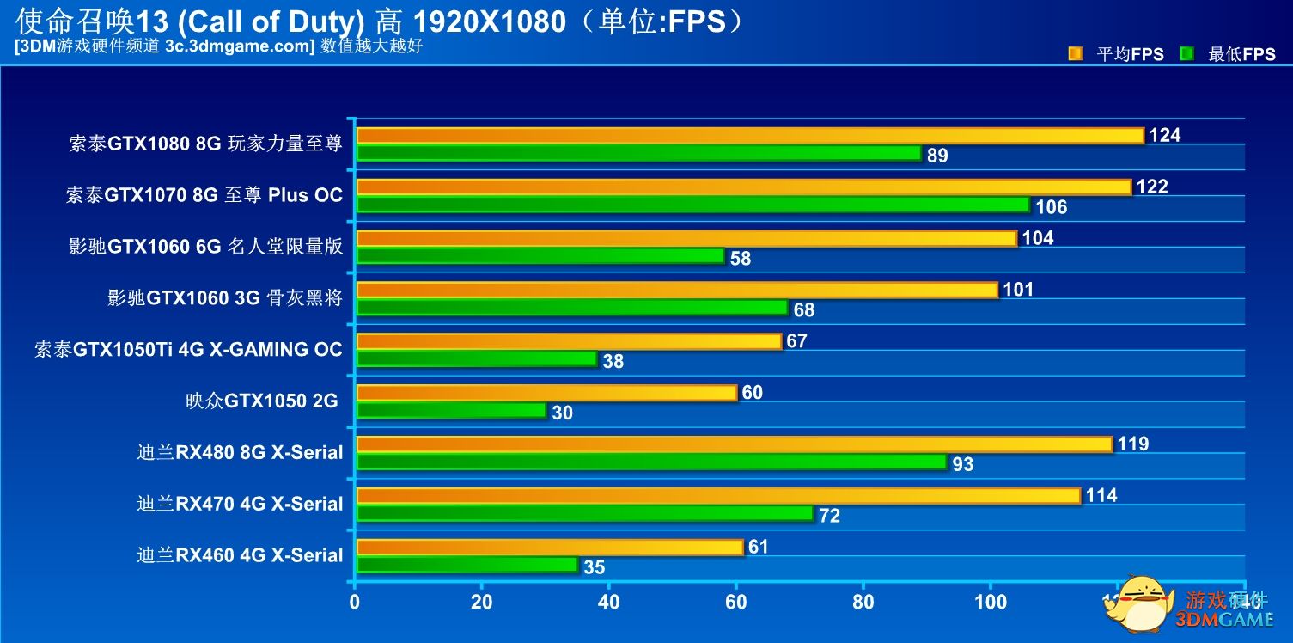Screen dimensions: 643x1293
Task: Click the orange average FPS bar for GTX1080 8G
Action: pos(749,136)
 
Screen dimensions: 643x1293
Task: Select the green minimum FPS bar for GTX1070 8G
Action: pos(692,205)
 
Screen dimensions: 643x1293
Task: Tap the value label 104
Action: pos(1038,238)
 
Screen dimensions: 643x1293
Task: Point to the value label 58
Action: pos(740,259)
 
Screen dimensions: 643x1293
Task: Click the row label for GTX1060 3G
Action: pos(224,298)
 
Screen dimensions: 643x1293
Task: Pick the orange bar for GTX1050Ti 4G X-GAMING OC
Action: pos(569,341)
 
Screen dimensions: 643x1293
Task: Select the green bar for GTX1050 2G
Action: pos(451,411)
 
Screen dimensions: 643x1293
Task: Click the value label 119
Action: pos(1133,444)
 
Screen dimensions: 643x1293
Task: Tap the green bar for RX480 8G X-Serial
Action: pos(651,462)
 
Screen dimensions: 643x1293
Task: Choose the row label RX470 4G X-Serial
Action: pos(240,505)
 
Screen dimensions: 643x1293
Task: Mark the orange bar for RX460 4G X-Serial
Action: pos(549,548)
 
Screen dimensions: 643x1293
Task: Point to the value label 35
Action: pos(594,567)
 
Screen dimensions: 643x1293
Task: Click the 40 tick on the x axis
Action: pos(608,602)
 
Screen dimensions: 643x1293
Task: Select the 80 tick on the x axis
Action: pos(863,602)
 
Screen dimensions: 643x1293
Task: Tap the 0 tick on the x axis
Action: pos(355,602)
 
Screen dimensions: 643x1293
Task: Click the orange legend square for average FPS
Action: pos(1075,54)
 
